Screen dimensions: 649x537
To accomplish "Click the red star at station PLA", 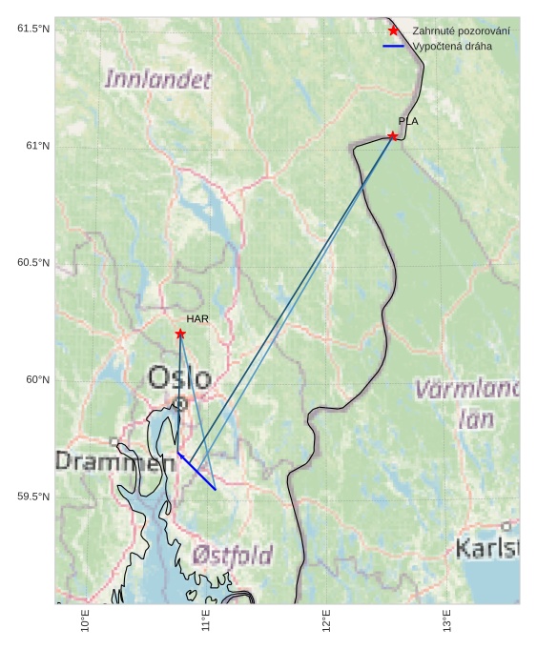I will [393, 136].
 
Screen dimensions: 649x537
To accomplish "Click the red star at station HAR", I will [180, 334].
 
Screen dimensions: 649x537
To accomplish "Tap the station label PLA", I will [408, 121].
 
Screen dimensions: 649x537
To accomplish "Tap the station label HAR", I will [197, 319].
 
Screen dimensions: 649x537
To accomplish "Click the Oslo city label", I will [179, 378].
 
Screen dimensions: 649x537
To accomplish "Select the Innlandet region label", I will [157, 80].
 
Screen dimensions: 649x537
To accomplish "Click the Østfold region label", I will [232, 555].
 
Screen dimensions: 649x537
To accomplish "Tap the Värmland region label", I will [467, 389].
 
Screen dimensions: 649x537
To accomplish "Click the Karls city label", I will [487, 548].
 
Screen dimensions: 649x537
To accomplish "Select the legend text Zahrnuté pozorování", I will [461, 31].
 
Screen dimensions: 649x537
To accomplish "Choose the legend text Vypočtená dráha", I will [452, 46].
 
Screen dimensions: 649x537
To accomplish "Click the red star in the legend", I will [393, 31].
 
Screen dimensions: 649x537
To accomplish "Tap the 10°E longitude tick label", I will [85, 622].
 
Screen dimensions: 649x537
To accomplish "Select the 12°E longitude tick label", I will [327, 622].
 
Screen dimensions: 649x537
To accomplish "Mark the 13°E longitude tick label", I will [447, 622].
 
